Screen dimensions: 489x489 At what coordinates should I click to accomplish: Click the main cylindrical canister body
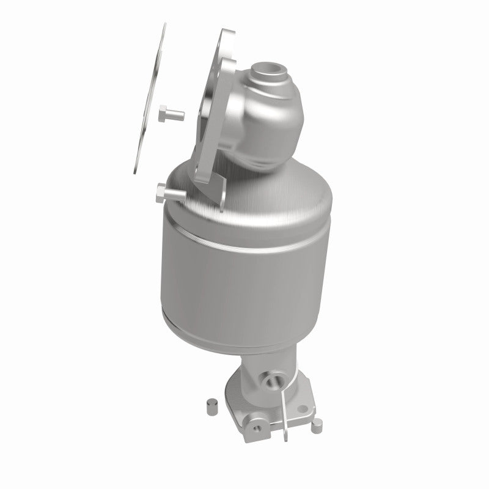point(244,275)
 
